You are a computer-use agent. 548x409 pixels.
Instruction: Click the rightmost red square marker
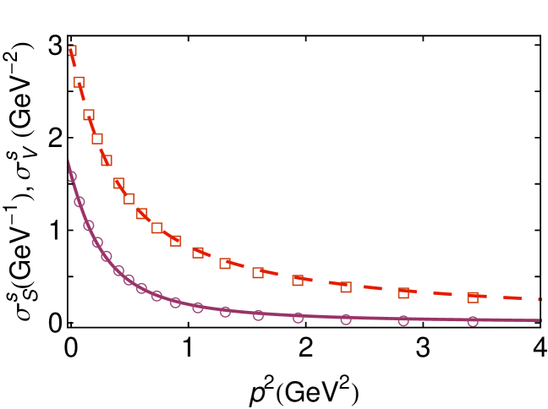[473, 297]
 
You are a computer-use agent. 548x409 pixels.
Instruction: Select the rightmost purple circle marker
[473, 321]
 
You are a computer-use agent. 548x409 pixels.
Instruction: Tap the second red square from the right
[403, 293]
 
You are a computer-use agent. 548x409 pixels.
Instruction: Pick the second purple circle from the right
[403, 320]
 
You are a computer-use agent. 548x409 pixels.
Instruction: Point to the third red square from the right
[346, 287]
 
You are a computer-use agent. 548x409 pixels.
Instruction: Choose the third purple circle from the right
[346, 319]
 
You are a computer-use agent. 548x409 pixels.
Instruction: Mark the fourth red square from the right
[298, 281]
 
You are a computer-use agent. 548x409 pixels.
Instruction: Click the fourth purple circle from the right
[298, 318]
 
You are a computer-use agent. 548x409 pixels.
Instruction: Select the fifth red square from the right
[258, 273]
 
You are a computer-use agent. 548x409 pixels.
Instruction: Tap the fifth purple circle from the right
[258, 315]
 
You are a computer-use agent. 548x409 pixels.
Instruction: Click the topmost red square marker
[72, 51]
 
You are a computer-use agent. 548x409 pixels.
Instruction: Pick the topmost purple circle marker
[72, 177]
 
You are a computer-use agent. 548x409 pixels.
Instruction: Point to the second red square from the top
[79, 82]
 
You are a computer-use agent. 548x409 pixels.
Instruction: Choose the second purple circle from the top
[79, 202]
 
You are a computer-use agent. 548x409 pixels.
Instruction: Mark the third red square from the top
[89, 114]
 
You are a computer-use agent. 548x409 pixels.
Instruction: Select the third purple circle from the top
[89, 226]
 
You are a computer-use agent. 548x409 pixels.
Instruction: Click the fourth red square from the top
[97, 139]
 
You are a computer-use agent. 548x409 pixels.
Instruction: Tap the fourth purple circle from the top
[97, 243]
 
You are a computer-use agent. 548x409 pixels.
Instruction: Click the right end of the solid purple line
[540, 320]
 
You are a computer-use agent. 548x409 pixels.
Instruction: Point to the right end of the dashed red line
[540, 299]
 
